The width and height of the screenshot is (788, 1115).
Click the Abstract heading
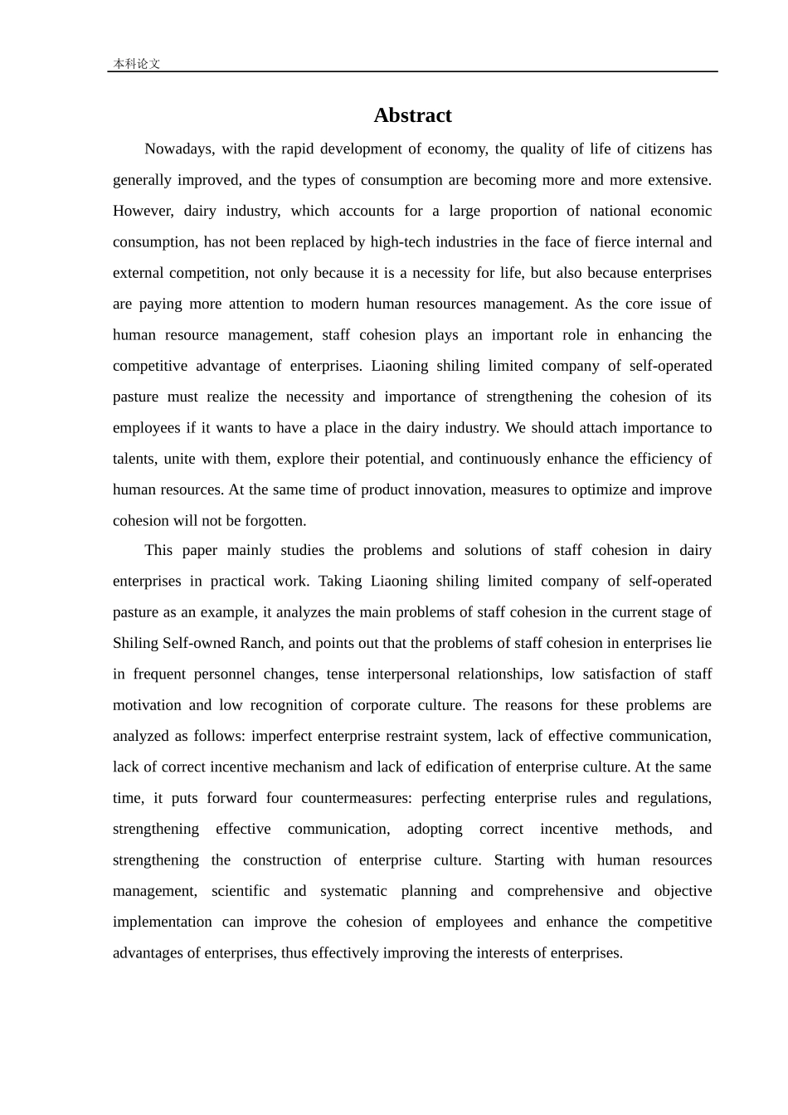(x=412, y=115)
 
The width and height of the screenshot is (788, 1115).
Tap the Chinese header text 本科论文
(x=136, y=63)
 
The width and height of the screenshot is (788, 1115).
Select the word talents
(x=134, y=459)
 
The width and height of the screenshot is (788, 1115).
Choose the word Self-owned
(x=197, y=643)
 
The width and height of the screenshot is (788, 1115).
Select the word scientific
(x=241, y=891)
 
